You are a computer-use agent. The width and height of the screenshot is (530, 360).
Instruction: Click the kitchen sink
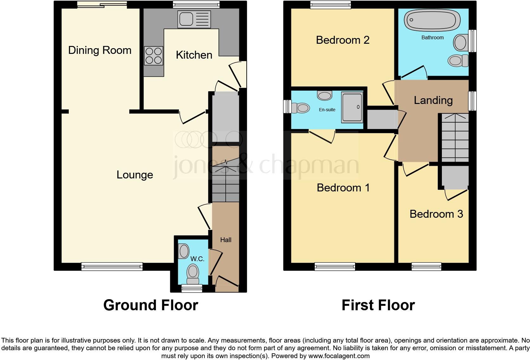(194, 19)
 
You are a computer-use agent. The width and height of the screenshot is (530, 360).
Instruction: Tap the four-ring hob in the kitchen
(154, 56)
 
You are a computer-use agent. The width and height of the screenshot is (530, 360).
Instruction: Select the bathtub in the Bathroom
(432, 20)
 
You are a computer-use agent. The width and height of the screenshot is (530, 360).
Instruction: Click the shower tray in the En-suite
(352, 107)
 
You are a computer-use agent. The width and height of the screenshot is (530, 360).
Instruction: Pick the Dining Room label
(100, 50)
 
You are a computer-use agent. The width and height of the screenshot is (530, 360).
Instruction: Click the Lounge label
(135, 175)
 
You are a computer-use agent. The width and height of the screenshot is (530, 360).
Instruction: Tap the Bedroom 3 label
(436, 214)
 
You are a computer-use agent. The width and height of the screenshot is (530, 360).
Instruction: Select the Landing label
(433, 100)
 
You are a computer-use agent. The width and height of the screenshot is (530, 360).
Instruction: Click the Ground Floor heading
(151, 305)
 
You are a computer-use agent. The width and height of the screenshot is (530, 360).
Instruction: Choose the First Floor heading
(378, 305)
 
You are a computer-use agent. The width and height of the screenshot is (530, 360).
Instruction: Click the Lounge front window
(112, 267)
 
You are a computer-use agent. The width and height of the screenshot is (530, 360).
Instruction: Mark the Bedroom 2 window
(331, 4)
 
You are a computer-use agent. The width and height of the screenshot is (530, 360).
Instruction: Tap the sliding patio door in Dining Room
(102, 4)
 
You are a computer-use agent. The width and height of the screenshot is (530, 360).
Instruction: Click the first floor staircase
(455, 138)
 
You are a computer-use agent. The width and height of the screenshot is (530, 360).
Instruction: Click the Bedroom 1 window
(335, 267)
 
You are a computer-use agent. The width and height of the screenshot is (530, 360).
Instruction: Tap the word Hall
(226, 240)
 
